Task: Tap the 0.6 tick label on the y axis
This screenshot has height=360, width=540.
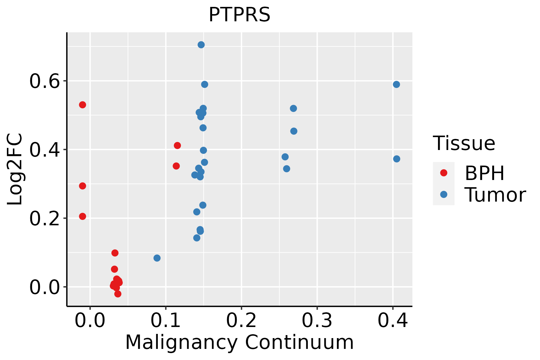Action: point(44,81)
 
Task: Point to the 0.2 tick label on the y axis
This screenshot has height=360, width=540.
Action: point(44,219)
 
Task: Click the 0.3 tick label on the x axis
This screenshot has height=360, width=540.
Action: point(317,321)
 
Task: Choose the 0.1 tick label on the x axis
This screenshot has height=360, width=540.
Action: point(166,321)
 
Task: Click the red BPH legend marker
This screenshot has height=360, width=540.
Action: point(443,173)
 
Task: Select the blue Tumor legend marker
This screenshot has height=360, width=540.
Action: point(443,194)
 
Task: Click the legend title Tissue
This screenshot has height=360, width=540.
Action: point(464,143)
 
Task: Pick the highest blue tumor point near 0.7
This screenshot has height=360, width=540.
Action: point(201,45)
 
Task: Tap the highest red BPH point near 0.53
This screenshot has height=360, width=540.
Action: point(82,105)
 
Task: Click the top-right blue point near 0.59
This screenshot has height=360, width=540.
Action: point(396,85)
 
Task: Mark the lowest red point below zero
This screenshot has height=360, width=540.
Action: point(118,294)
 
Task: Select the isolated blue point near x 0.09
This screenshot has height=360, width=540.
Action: point(157,258)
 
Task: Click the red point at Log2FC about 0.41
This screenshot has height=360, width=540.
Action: point(177,145)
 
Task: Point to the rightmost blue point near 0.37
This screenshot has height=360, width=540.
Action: point(397,159)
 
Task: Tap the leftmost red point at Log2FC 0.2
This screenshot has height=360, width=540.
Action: point(82,216)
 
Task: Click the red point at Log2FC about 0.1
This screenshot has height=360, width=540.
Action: point(115,253)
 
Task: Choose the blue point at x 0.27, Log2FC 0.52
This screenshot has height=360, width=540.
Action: point(293,108)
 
